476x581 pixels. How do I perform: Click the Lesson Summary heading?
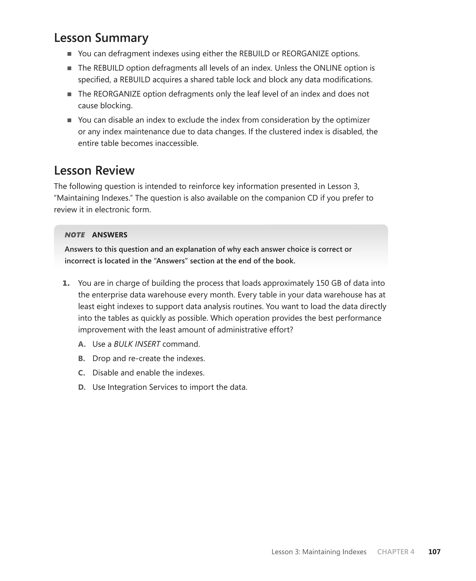tap(101, 38)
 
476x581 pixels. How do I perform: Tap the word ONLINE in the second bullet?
tap(328, 68)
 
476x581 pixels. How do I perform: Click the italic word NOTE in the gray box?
tap(75, 235)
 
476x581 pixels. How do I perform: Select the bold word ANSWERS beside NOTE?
tap(110, 235)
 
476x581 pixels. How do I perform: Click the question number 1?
tap(66, 283)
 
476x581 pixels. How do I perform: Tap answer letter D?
tap(82, 387)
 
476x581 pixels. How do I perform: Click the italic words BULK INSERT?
tap(137, 344)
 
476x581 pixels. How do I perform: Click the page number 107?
tap(434, 552)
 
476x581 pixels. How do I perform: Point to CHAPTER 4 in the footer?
tap(396, 552)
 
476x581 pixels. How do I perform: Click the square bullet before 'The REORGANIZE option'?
tap(69, 94)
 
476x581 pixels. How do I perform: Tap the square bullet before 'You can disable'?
tap(69, 120)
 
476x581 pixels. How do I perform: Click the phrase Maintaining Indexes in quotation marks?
tap(94, 198)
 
